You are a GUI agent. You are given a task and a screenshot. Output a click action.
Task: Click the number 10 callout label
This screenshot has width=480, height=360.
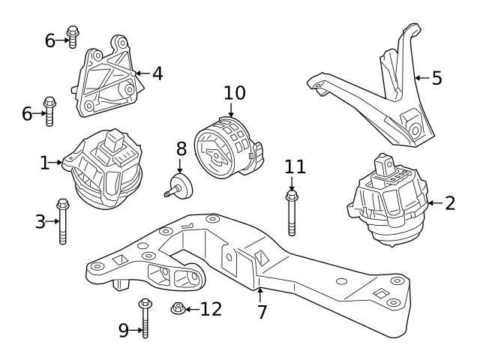pos(234,93)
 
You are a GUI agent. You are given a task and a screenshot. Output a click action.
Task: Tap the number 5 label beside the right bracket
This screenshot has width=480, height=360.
pos(437,78)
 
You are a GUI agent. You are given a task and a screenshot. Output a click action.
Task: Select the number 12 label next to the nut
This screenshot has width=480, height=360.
pos(211,309)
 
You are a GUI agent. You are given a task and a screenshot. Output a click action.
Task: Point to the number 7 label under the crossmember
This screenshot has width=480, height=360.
pos(262,312)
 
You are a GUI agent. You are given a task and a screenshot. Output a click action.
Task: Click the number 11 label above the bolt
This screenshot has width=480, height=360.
pos(295,167)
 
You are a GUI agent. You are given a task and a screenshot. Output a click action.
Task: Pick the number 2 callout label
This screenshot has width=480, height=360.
pos(449,202)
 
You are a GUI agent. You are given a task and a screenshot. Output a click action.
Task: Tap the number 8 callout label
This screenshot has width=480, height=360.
pos(180,148)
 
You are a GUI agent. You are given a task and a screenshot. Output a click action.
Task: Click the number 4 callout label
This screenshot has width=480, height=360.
pos(157,73)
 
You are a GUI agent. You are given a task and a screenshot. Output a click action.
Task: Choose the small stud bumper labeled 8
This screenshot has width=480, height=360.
pos(181,185)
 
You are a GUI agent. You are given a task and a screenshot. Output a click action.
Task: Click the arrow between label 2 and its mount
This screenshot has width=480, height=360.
pos(434,202)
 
